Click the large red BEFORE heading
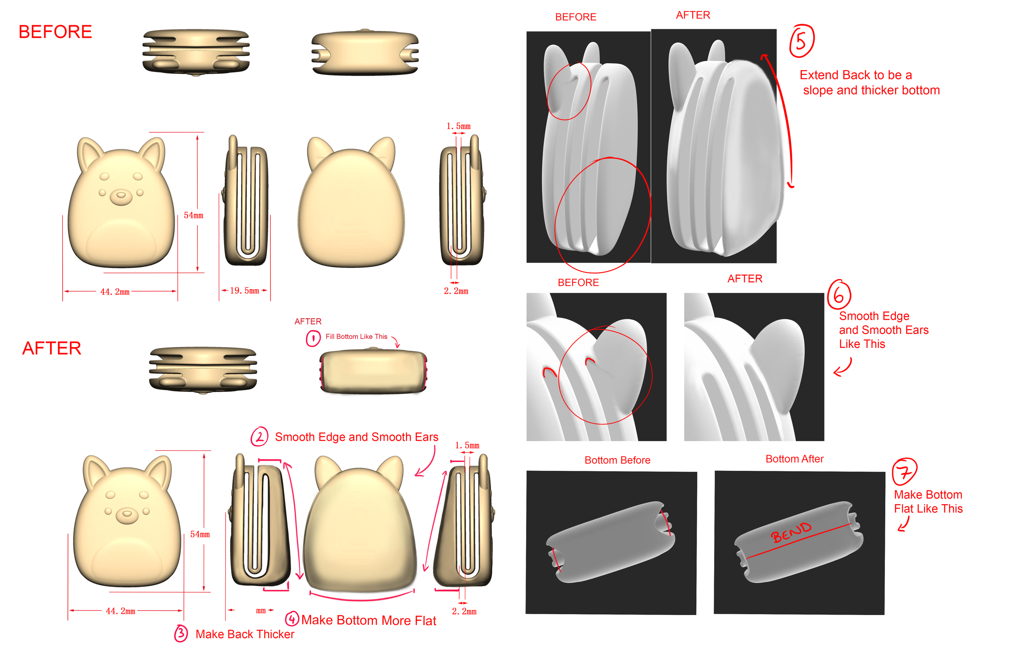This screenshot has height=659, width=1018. (55, 32)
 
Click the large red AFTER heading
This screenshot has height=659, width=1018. (52, 348)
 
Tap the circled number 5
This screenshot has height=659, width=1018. (801, 41)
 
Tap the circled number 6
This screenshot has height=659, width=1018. (839, 295)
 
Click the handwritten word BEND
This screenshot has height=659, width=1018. (791, 532)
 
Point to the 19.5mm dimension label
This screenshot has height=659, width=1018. (244, 291)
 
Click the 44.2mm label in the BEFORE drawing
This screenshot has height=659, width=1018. (115, 292)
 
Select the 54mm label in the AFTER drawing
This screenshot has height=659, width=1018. (200, 534)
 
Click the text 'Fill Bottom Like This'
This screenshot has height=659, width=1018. (356, 337)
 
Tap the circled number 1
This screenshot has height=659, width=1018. (313, 338)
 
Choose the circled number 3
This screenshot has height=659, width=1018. (181, 634)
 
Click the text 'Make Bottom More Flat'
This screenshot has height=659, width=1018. (369, 620)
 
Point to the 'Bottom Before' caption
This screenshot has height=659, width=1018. (617, 460)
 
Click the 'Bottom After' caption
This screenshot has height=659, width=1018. (794, 459)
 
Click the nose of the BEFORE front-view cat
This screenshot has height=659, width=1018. (121, 196)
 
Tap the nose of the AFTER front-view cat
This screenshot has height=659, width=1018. (127, 515)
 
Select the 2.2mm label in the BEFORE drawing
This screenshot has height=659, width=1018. (456, 291)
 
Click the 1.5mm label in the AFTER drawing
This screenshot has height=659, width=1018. (467, 446)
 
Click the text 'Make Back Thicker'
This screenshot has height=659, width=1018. (245, 634)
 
